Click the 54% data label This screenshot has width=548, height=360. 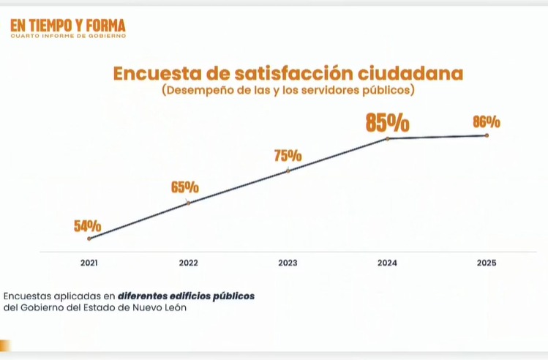point(87,226)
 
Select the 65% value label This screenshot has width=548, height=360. point(185,187)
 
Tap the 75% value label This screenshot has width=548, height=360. point(288,156)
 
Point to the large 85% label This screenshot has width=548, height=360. point(387,122)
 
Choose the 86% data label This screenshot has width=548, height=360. point(487,121)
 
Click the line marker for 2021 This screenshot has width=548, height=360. point(89,239)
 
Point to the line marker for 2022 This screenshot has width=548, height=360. point(188,203)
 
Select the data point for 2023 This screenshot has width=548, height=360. point(288,170)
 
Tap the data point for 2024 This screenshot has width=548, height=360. point(388,138)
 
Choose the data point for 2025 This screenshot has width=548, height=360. point(487,135)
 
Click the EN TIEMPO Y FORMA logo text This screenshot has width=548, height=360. point(68,26)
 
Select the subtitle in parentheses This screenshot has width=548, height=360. point(288,91)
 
